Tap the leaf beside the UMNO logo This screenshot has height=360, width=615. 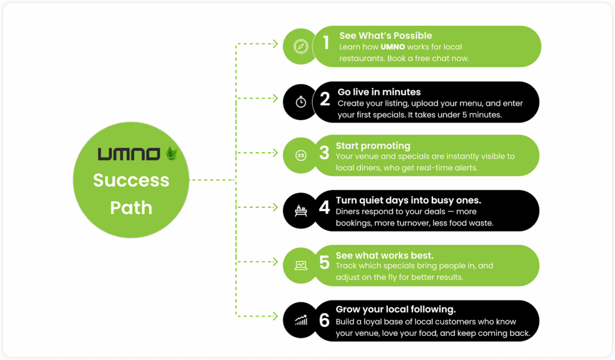coord(172,152)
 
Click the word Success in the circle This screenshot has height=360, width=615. coord(131,180)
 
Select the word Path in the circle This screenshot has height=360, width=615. coord(131,208)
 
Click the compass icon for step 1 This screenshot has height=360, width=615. coord(301,46)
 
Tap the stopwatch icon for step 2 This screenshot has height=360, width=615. coord(301,102)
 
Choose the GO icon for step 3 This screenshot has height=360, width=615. coord(301,156)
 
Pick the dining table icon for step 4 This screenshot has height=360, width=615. coord(301,211)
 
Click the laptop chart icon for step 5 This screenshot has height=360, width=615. coord(301,266)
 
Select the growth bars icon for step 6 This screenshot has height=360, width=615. coord(301,320)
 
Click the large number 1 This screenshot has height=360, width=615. coord(326,43)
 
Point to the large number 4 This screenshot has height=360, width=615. coord(324,207)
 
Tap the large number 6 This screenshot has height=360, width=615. coord(324,320)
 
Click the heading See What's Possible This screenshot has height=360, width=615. coord(386,35)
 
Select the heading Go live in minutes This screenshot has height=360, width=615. coord(379,92)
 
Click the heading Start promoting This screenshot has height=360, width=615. coord(373,146)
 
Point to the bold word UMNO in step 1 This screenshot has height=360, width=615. coord(393,47)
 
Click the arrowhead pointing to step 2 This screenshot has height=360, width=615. coord(275,98)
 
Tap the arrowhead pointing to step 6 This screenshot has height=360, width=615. coord(275,316)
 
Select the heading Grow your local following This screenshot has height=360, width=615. coord(395,310)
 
